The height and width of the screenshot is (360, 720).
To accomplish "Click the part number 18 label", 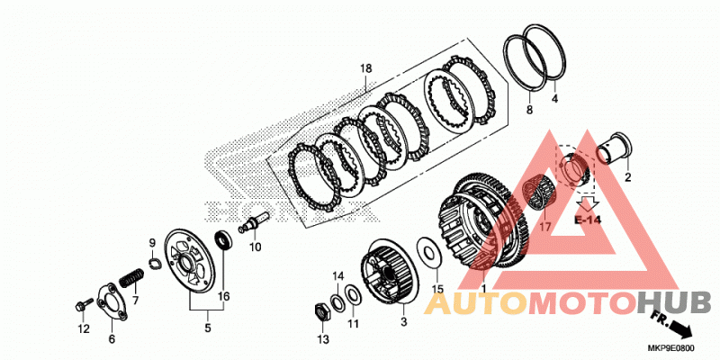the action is pyautogui.click(x=365, y=69).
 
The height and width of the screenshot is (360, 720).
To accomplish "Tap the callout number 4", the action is pyautogui.click(x=554, y=98).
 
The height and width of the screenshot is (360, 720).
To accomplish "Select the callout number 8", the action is pyautogui.click(x=529, y=110).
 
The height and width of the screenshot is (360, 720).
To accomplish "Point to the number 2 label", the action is pyautogui.click(x=627, y=177).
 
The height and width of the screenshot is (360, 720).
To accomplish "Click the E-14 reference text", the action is pyautogui.click(x=588, y=220).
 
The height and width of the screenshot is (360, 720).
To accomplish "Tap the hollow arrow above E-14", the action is pyautogui.click(x=588, y=202).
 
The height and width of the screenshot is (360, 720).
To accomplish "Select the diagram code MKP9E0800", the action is pyautogui.click(x=670, y=348).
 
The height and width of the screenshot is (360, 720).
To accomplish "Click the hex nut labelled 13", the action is pyautogui.click(x=321, y=312).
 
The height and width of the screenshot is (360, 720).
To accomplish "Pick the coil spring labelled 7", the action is pyautogui.click(x=131, y=279).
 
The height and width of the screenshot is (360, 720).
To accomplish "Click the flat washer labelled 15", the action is pyautogui.click(x=429, y=252).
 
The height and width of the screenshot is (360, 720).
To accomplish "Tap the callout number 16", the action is pyautogui.click(x=223, y=297).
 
